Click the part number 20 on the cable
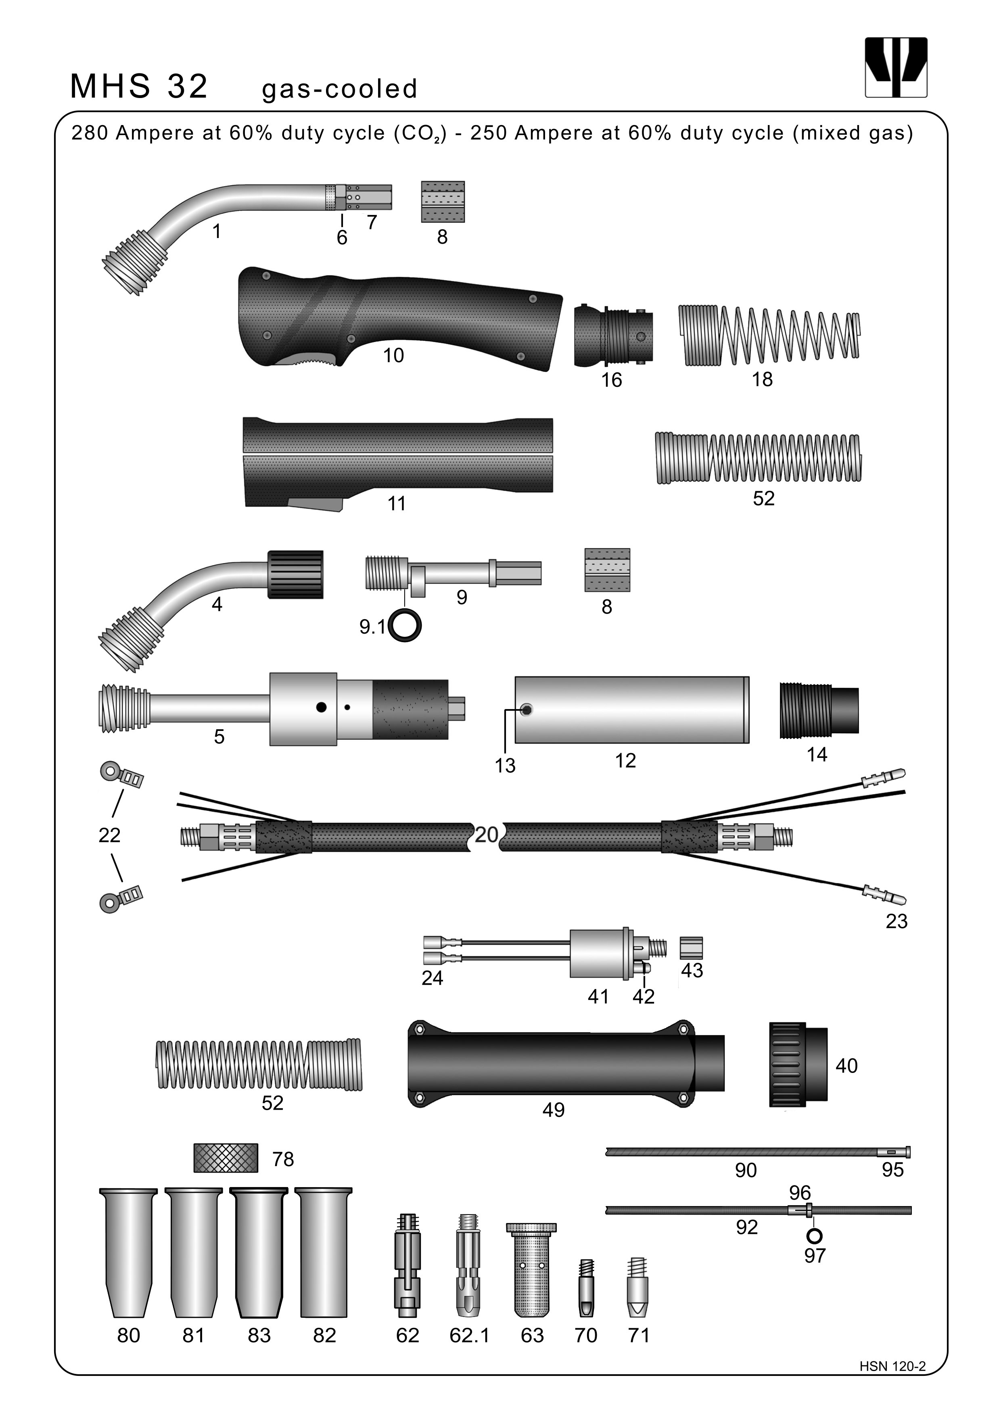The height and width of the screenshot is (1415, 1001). click(486, 835)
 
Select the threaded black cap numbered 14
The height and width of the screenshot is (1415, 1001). click(819, 710)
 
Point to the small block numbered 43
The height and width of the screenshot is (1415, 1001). click(691, 948)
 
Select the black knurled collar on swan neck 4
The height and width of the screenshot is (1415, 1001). click(296, 574)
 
